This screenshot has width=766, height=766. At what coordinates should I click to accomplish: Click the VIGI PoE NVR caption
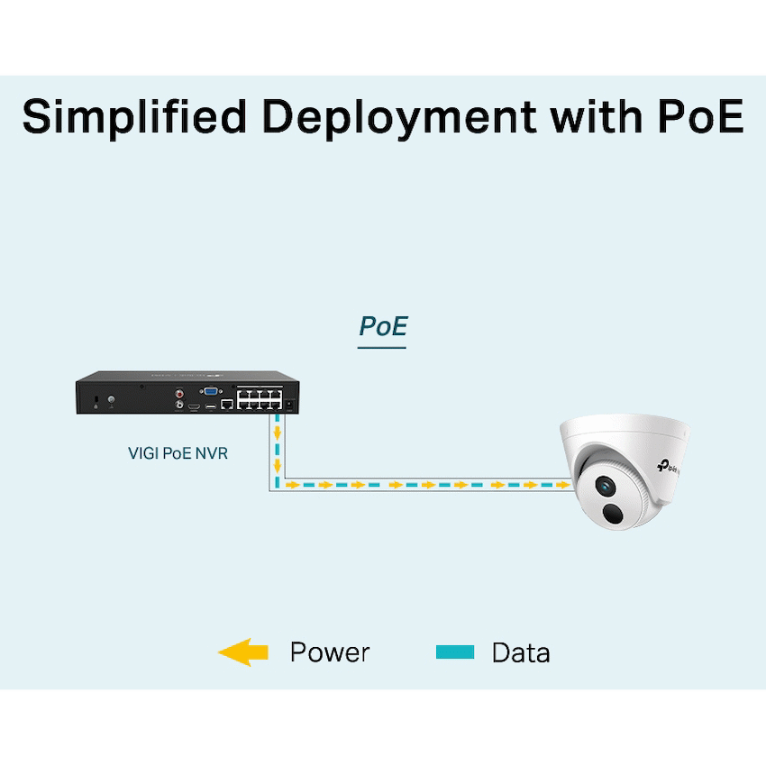(178, 453)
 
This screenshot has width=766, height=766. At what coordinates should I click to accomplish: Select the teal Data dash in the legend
(455, 652)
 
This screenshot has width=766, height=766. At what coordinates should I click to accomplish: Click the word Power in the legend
(329, 652)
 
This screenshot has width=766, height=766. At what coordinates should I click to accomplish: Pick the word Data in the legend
(521, 652)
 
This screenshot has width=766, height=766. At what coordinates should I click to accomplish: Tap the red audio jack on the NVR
(180, 393)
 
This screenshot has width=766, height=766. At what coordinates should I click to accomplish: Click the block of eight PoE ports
(260, 398)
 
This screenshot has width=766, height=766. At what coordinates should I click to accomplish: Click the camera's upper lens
(603, 487)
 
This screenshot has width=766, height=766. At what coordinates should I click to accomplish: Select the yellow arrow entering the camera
(562, 485)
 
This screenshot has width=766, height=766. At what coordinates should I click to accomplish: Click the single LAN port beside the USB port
(227, 406)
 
